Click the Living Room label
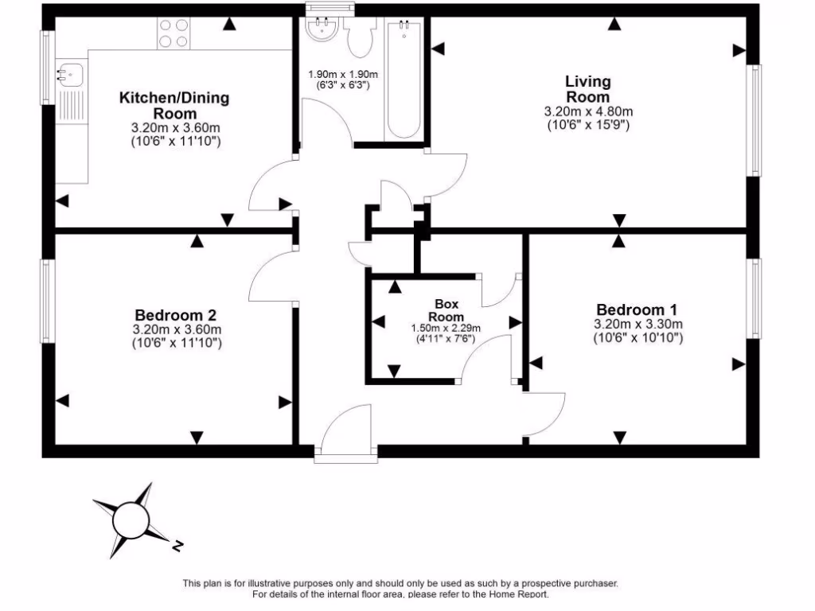(x=588, y=88)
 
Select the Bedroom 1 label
(x=638, y=309)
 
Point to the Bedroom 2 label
(x=175, y=314)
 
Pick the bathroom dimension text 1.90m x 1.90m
(x=343, y=74)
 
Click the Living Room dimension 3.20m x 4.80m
(x=588, y=111)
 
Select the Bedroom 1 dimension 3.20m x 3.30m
(x=638, y=324)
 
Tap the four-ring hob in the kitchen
(x=174, y=33)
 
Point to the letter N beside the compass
(x=178, y=546)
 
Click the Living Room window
(x=753, y=119)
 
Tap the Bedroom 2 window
(x=48, y=301)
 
